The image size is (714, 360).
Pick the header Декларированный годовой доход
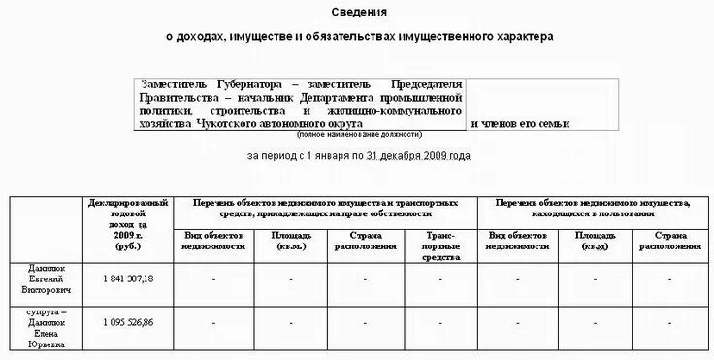pos(128,219)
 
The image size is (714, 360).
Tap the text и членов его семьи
pos(520,124)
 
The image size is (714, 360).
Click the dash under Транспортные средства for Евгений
pos(439,279)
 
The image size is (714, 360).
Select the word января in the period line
pos(329,155)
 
